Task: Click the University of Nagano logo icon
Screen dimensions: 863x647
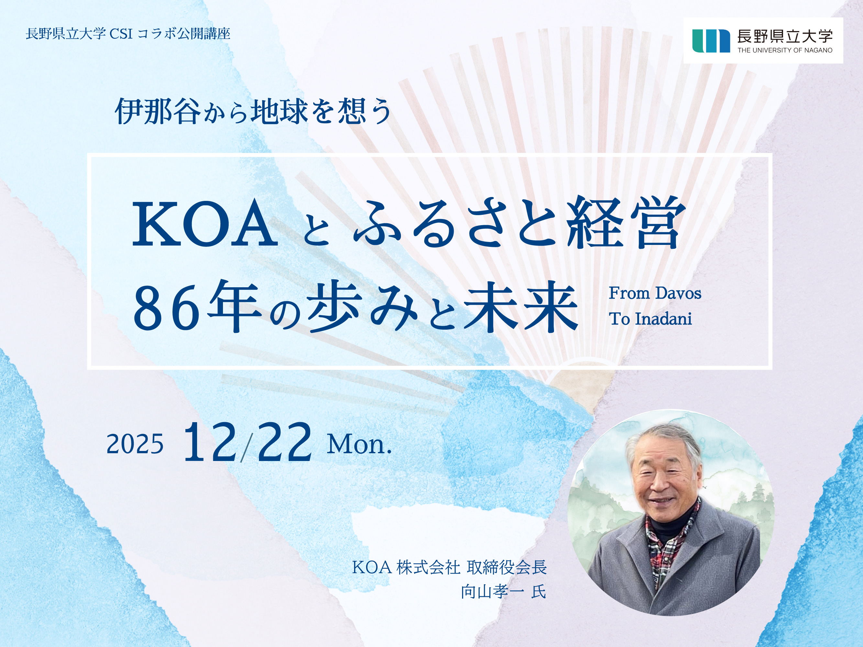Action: [711, 40]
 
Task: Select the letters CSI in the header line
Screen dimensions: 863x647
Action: [121, 34]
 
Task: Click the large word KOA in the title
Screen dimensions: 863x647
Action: [205, 224]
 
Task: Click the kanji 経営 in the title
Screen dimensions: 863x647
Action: [626, 223]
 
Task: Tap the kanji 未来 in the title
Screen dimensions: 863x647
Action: [521, 308]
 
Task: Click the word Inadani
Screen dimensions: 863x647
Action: [663, 319]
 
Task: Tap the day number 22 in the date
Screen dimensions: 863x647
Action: [285, 442]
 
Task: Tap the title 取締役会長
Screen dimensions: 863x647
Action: [507, 567]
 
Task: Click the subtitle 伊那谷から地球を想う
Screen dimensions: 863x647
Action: [253, 112]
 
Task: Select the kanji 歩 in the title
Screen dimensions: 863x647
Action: [332, 308]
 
